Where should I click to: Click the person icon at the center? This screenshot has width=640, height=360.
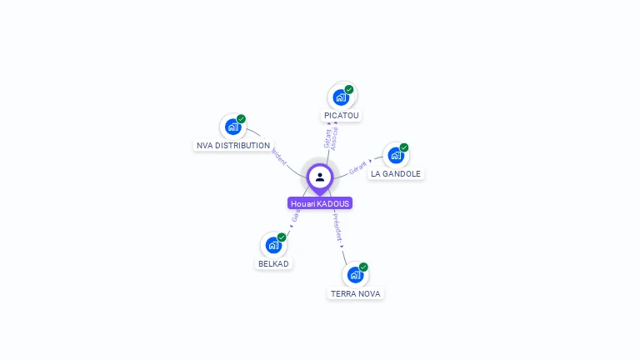point(320,177)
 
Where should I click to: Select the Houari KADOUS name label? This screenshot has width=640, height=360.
point(320,203)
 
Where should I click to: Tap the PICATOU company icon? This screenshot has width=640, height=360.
point(341,97)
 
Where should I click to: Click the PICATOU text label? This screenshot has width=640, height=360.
point(342,115)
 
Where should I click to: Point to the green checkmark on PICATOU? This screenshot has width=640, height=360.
point(349,89)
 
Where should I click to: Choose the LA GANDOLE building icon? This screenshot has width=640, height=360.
point(396,155)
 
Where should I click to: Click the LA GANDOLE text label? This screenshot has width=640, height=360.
point(396,174)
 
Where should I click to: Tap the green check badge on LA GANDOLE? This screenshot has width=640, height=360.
point(404,147)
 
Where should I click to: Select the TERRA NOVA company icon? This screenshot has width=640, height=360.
point(355,274)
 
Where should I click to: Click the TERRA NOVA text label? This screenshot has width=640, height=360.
point(356,293)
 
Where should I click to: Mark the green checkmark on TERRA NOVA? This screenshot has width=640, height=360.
point(363,267)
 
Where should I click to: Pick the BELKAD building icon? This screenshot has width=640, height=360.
point(273,245)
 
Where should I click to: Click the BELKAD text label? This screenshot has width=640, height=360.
point(273,263)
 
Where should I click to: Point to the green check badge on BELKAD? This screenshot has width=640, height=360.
point(282,237)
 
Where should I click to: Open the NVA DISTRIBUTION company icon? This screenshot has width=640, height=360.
point(232,127)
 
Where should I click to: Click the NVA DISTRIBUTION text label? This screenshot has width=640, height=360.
point(233,145)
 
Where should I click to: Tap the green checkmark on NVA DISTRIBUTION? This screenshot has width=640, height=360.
point(241,119)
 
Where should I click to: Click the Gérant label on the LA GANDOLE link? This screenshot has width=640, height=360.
point(358,167)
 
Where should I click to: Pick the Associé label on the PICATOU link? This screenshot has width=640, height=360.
point(334,137)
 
